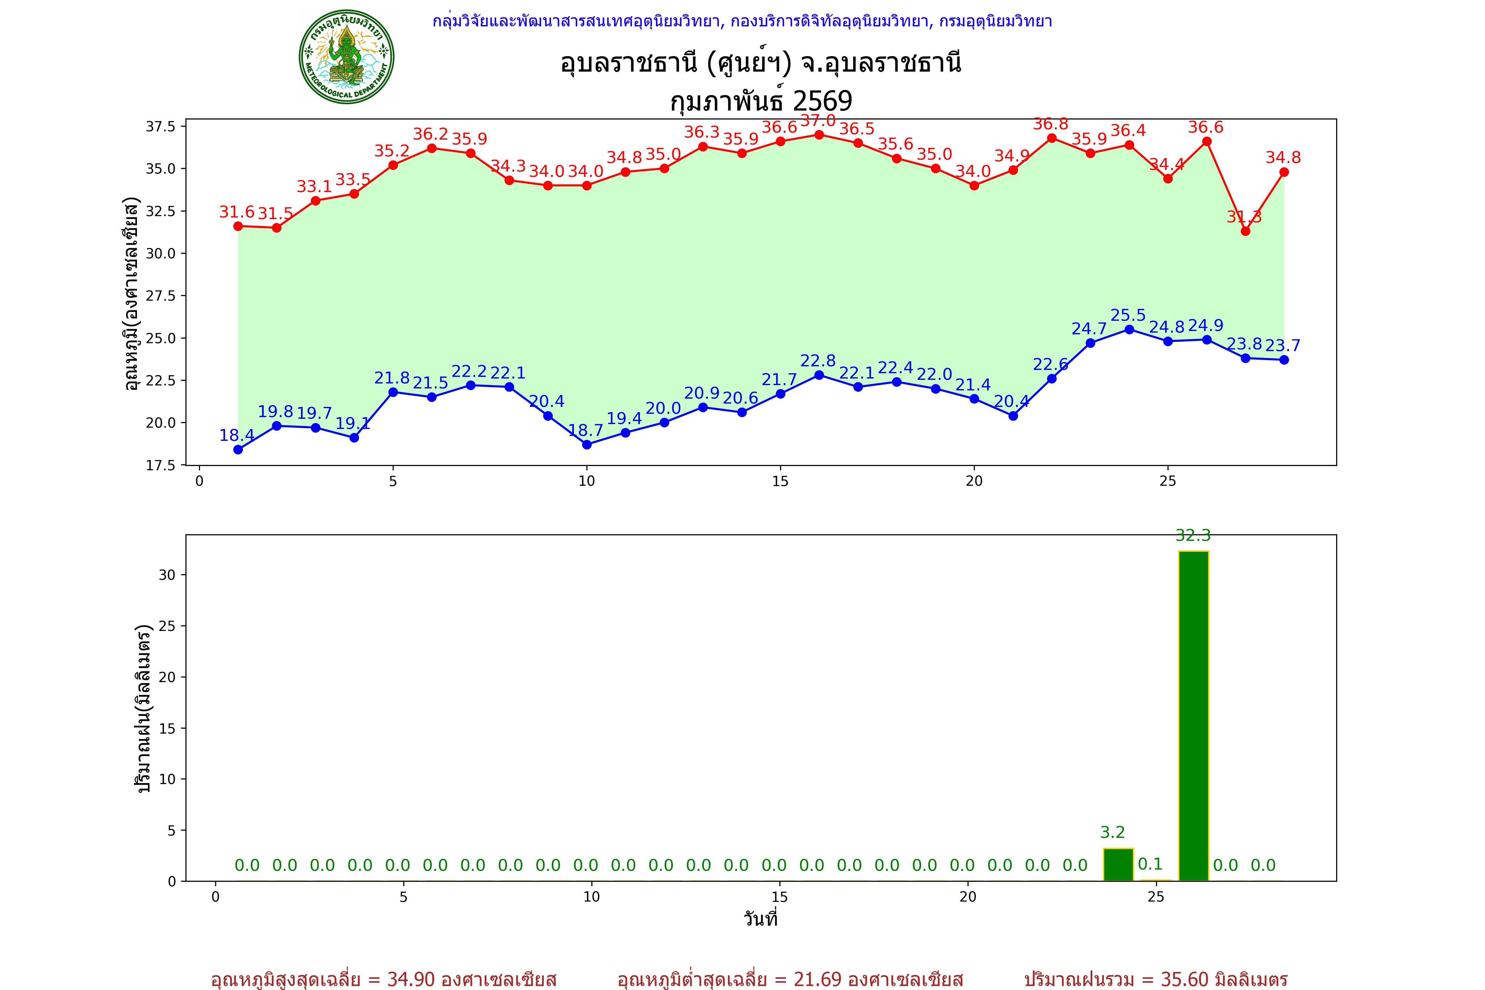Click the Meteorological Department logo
pos(346,57)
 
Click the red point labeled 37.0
pos(819,135)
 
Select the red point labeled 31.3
pos(1245,231)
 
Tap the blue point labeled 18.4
pos(238,449)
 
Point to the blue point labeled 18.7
pos(586,445)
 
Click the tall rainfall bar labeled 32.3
pos(1193,715)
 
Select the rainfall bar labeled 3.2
pos(1118,864)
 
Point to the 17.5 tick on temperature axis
pos(161,465)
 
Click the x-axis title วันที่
pos(760,919)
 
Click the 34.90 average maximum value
pos(411,979)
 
